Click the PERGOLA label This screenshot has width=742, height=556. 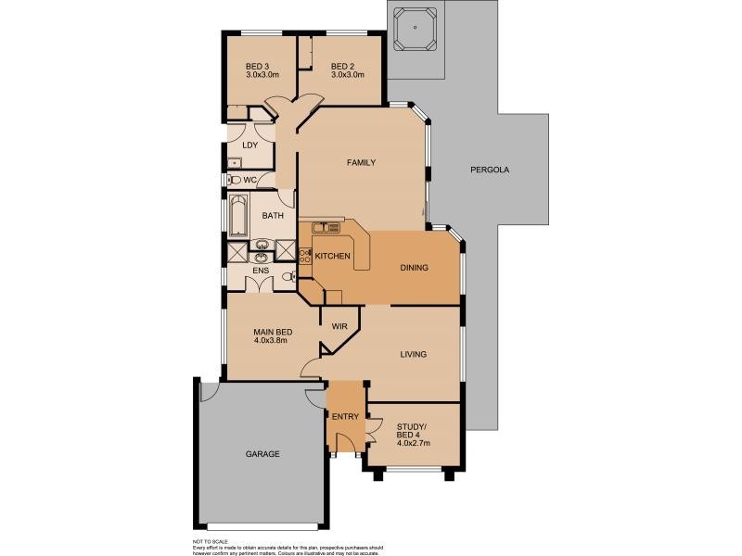coord(490,170)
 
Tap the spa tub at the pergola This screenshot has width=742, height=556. coord(415,30)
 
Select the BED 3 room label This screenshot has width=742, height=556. coord(257,66)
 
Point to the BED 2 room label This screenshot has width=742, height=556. coord(342,66)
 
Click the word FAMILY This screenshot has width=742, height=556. coord(361,163)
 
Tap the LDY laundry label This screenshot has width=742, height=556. coord(249,145)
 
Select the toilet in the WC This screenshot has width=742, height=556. coord(236,180)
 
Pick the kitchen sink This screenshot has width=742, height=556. coord(326,227)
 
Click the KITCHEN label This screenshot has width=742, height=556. coord(332,256)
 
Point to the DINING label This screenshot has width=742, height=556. coord(414,268)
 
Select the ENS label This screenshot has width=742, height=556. coord(261,271)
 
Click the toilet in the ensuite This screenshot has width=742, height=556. coord(290,276)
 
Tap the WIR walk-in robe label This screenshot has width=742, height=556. coord(339,326)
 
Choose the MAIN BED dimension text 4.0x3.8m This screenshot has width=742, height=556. coord(270,340)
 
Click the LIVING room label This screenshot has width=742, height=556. coord(413,354)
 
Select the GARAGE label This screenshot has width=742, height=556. coord(262,454)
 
